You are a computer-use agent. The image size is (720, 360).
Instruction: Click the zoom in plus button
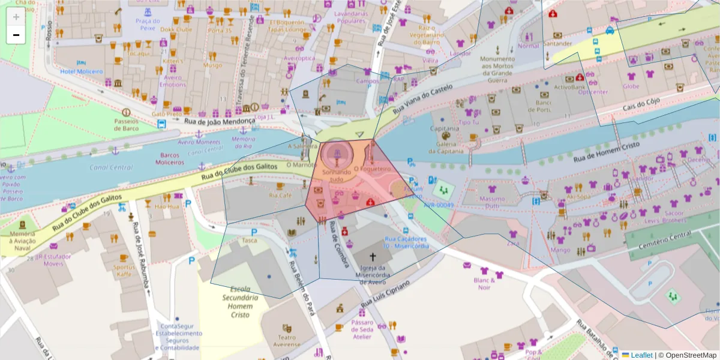16,17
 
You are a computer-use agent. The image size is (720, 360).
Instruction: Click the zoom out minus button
16,35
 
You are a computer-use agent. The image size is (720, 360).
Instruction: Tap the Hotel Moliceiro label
82,71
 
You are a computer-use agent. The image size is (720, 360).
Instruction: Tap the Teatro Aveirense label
287,341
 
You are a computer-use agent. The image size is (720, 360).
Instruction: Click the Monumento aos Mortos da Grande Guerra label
497,69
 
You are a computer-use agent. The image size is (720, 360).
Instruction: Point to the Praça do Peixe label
148,24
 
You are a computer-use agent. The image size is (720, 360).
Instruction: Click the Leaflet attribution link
641,355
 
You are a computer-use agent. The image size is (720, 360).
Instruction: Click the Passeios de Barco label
126,124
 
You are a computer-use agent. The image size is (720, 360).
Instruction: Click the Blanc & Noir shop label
485,283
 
